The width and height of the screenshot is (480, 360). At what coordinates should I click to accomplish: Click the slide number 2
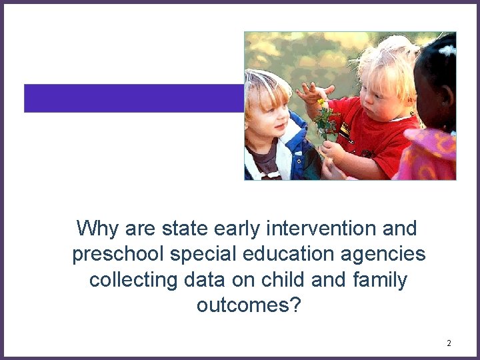point(449,343)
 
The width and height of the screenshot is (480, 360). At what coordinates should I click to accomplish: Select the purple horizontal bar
point(133,98)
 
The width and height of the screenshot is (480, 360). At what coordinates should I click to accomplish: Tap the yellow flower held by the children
point(321,103)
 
